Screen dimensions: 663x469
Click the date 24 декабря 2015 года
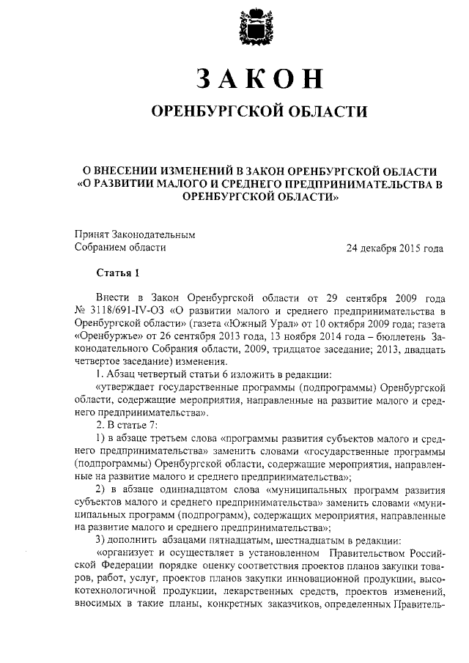point(395,248)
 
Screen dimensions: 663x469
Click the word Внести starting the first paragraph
point(112,300)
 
